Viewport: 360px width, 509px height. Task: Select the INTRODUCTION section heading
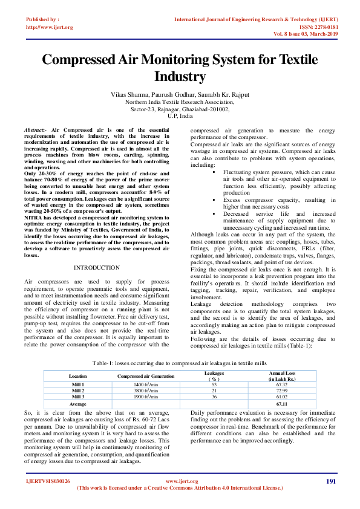[97, 267]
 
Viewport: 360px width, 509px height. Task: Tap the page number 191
[331, 481]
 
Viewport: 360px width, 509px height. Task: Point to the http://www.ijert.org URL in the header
[49, 27]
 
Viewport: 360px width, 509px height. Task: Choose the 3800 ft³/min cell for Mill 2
[146, 391]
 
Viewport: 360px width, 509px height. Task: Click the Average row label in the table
[78, 403]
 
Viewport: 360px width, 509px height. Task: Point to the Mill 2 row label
[78, 391]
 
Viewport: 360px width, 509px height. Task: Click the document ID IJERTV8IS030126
[47, 481]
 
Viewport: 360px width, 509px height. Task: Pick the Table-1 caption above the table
[179, 363]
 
